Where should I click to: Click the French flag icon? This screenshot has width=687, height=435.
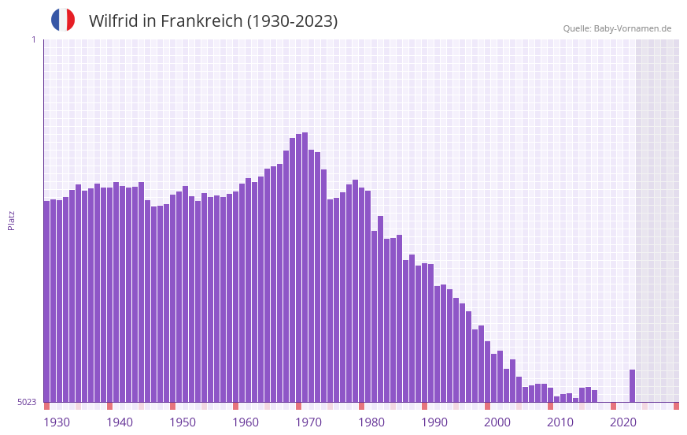pos(63,20)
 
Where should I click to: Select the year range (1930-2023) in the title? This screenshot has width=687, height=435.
pos(292,21)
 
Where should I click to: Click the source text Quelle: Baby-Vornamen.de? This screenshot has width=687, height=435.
pos(617,28)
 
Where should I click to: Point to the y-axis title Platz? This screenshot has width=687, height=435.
pos(11,220)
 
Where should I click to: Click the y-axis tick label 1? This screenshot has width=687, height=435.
pos(33,39)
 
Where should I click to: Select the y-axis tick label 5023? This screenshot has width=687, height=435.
pos(27,402)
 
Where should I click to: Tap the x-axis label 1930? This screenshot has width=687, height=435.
pos(57,422)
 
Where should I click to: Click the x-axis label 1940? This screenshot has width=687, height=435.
pos(120,422)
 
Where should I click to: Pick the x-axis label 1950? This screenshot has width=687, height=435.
pos(183,422)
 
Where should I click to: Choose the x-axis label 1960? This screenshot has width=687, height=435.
pos(246,422)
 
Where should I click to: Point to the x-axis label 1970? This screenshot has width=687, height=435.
pos(308,422)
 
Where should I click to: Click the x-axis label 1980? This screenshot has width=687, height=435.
pos(371,422)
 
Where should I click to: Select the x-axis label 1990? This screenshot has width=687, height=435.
pos(434,422)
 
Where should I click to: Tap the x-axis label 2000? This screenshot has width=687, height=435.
pos(497,422)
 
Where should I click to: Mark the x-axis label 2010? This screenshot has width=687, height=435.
pos(560,422)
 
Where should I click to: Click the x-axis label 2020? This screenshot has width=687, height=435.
pos(623,422)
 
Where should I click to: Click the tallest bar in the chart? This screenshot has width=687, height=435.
pos(305,268)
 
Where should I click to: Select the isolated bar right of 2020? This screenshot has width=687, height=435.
pos(632,386)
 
